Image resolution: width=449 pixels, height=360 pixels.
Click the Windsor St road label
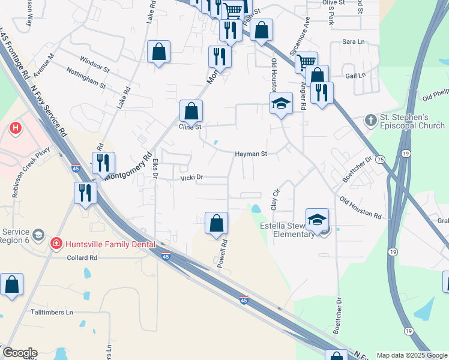(94, 65)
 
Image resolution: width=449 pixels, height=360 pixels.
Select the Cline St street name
(189, 127)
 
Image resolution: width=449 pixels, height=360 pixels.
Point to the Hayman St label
(250, 154)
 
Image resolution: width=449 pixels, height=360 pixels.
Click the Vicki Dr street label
(193, 178)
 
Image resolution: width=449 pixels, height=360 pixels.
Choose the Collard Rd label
(82, 257)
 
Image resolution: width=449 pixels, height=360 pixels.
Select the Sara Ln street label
(353, 42)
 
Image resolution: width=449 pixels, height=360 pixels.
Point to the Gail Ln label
(355, 76)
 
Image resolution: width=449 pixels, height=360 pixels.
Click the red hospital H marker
(16, 128)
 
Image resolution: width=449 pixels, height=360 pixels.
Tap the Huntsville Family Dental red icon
(56, 244)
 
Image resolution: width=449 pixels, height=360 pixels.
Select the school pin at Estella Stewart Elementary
(317, 220)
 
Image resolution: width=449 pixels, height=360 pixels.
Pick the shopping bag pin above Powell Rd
(216, 223)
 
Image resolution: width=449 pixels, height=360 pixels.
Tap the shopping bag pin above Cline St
(191, 111)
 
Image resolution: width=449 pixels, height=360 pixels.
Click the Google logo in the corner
(19, 353)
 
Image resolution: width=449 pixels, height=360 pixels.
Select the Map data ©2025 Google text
(412, 355)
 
